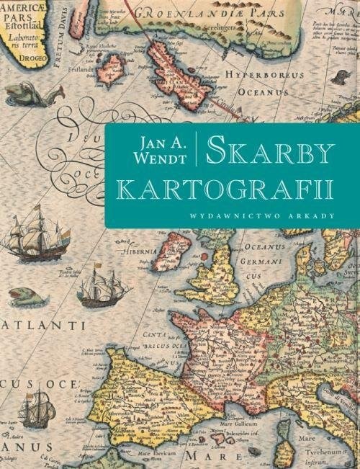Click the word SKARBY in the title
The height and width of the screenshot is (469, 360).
(269, 152)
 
